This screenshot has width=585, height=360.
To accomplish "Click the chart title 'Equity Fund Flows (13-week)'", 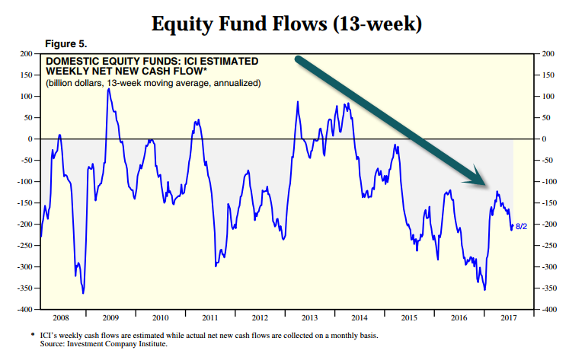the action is pyautogui.click(x=286, y=24).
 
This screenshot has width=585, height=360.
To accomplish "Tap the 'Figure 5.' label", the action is pyautogui.click(x=66, y=44).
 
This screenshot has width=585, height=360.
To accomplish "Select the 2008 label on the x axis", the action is pyautogui.click(x=61, y=318).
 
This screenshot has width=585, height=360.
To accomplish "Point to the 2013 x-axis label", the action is pyautogui.click(x=310, y=318).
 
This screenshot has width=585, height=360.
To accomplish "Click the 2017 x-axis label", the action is pyautogui.click(x=509, y=318).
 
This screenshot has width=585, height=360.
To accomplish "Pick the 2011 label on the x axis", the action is pyautogui.click(x=210, y=318).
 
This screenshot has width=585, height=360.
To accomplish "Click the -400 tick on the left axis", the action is pyautogui.click(x=24, y=309).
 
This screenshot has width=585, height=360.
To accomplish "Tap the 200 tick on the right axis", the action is pyautogui.click(x=548, y=54).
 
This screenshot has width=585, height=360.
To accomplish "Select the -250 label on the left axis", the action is pyautogui.click(x=24, y=246).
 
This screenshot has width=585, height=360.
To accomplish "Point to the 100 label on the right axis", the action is pyautogui.click(x=548, y=97).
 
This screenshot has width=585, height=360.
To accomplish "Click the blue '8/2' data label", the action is pyautogui.click(x=521, y=227).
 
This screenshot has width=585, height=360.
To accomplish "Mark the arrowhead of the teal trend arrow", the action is pyautogui.click(x=484, y=184).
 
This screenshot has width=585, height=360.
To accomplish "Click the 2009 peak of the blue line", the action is pyautogui.click(x=109, y=89).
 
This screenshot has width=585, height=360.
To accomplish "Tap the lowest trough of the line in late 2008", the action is pyautogui.click(x=83, y=293).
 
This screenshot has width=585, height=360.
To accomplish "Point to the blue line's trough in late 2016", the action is pyautogui.click(x=484, y=289).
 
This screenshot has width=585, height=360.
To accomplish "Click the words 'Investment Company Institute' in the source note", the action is pyautogui.click(x=117, y=344).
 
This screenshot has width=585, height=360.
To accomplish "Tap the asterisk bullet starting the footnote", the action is pyautogui.click(x=33, y=335).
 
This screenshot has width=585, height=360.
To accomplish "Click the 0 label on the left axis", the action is pyautogui.click(x=30, y=139).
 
